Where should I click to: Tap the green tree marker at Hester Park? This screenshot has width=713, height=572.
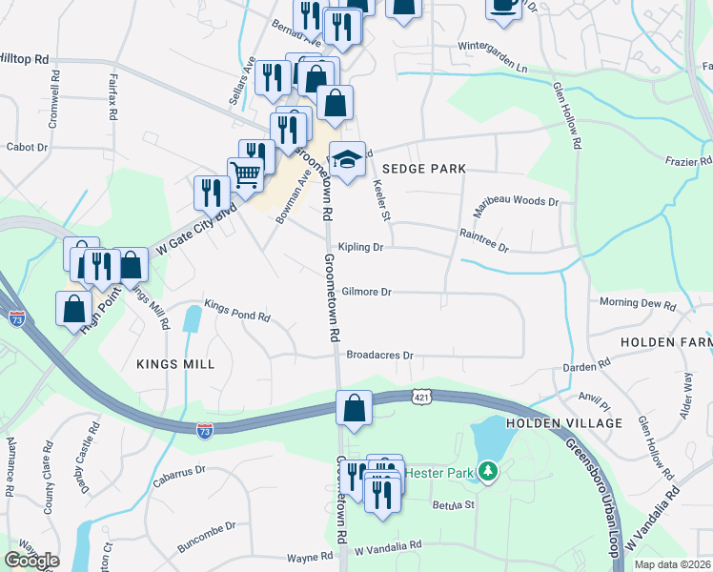[488, 471]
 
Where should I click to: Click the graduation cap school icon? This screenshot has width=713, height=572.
[348, 158]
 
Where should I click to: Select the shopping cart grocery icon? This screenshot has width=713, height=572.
[246, 174]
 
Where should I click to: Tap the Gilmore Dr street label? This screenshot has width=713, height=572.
[367, 293]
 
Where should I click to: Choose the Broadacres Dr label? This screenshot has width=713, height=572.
[379, 355]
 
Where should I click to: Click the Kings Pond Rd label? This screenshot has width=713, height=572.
[238, 317]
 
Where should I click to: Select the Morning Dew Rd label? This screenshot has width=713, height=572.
[638, 304]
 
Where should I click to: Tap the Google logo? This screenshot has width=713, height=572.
[32, 561]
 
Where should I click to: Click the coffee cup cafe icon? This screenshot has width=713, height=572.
[503, 5]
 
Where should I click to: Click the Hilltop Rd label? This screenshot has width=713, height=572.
[24, 59]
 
